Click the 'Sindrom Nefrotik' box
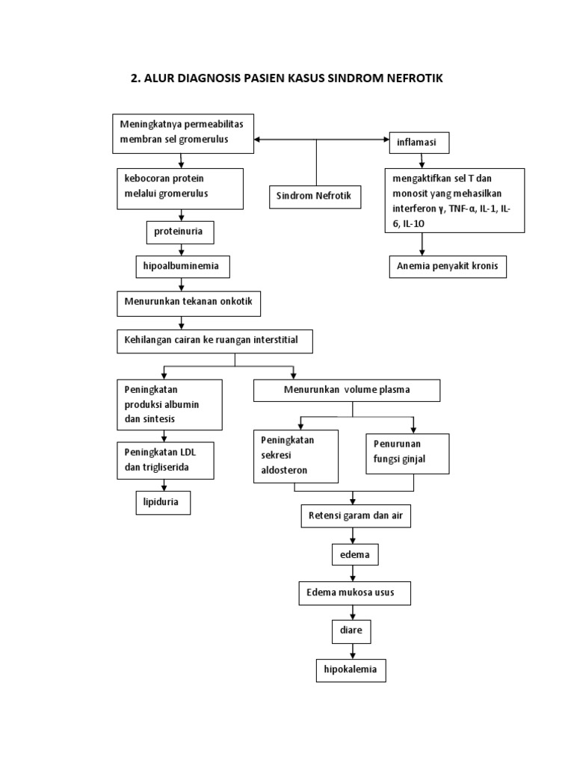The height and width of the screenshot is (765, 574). pyautogui.click(x=315, y=197)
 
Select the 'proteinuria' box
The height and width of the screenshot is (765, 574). pyautogui.click(x=179, y=232)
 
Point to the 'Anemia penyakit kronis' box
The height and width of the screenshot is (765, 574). pyautogui.click(x=448, y=267)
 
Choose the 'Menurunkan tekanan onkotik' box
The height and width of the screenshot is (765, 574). pyautogui.click(x=188, y=304)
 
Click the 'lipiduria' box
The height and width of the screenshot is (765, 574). pyautogui.click(x=162, y=504)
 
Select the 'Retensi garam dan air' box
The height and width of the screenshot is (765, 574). pyautogui.click(x=355, y=516)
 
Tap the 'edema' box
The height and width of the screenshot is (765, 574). pyautogui.click(x=355, y=555)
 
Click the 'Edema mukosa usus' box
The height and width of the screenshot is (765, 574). pyautogui.click(x=355, y=593)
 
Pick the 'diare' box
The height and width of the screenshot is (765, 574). pyautogui.click(x=351, y=631)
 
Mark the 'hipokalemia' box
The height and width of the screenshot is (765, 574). pyautogui.click(x=351, y=670)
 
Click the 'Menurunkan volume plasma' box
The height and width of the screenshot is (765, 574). pyautogui.click(x=347, y=391)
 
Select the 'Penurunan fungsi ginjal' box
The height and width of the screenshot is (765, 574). pyautogui.click(x=407, y=453)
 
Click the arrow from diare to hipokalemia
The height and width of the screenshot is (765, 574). pyautogui.click(x=351, y=650)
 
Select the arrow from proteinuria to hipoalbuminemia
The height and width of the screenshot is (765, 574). pyautogui.click(x=180, y=250)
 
